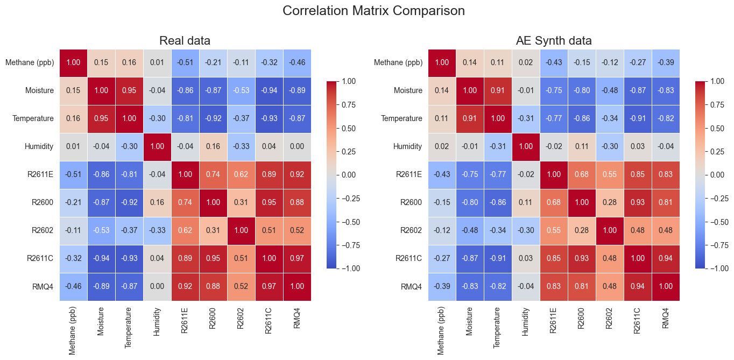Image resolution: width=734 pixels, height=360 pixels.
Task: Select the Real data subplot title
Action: click(185, 40)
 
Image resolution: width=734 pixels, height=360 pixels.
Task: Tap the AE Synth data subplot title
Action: click(554, 40)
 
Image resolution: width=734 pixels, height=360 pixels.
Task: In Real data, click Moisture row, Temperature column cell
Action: click(129, 90)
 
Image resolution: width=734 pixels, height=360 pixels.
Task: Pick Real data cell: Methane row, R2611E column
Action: click(185, 62)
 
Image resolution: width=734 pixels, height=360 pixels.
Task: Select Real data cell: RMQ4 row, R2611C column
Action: click(269, 286)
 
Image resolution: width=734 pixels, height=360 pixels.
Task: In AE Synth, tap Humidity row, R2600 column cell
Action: click(582, 146)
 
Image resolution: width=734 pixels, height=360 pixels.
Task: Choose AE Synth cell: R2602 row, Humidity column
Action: click(526, 230)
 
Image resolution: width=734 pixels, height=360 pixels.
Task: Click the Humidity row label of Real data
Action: click(39, 146)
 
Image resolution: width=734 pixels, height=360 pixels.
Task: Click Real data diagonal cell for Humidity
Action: click(157, 146)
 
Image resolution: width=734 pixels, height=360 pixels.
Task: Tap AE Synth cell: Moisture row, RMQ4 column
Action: click(666, 90)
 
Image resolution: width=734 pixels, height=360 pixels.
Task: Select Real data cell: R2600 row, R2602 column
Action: click(241, 202)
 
